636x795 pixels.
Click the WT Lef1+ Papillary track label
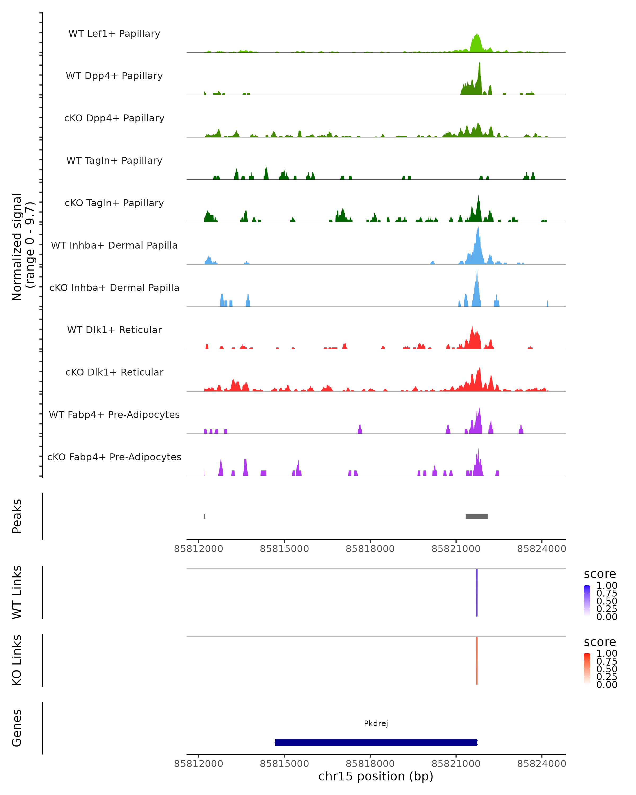[x=114, y=34]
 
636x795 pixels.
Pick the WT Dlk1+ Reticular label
[x=114, y=330]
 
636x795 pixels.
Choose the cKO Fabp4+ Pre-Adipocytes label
[x=114, y=457]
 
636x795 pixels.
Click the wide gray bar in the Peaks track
[x=476, y=516]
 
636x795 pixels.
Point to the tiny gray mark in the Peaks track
[x=205, y=516]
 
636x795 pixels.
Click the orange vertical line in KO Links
[x=477, y=660]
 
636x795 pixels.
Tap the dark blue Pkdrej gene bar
[x=376, y=742]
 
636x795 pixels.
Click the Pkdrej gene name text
[x=376, y=723]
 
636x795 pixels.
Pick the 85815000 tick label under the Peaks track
[x=284, y=549]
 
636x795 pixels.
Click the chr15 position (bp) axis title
[x=376, y=776]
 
